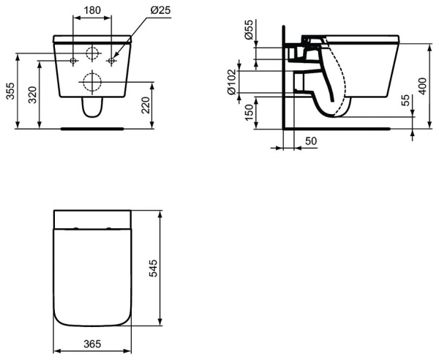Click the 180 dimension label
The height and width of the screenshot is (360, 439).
(92, 10)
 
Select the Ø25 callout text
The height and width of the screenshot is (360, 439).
(160, 10)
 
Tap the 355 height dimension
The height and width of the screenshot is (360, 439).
(10, 91)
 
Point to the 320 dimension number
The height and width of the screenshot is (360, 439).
(33, 95)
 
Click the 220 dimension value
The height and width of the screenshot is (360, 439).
(146, 105)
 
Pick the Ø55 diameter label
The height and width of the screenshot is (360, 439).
(248, 29)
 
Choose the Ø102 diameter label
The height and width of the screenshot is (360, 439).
(232, 82)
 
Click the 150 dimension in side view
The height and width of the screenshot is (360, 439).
(249, 112)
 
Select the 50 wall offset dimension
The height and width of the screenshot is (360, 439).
(311, 141)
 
